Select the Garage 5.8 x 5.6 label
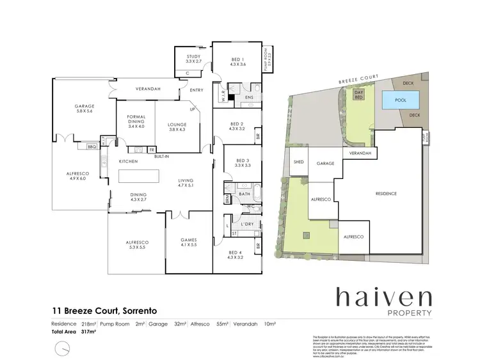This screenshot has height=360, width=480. click(x=84, y=108)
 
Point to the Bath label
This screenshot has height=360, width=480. click(x=244, y=194)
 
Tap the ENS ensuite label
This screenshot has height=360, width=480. click(x=250, y=97)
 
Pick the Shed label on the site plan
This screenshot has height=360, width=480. click(x=299, y=162)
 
